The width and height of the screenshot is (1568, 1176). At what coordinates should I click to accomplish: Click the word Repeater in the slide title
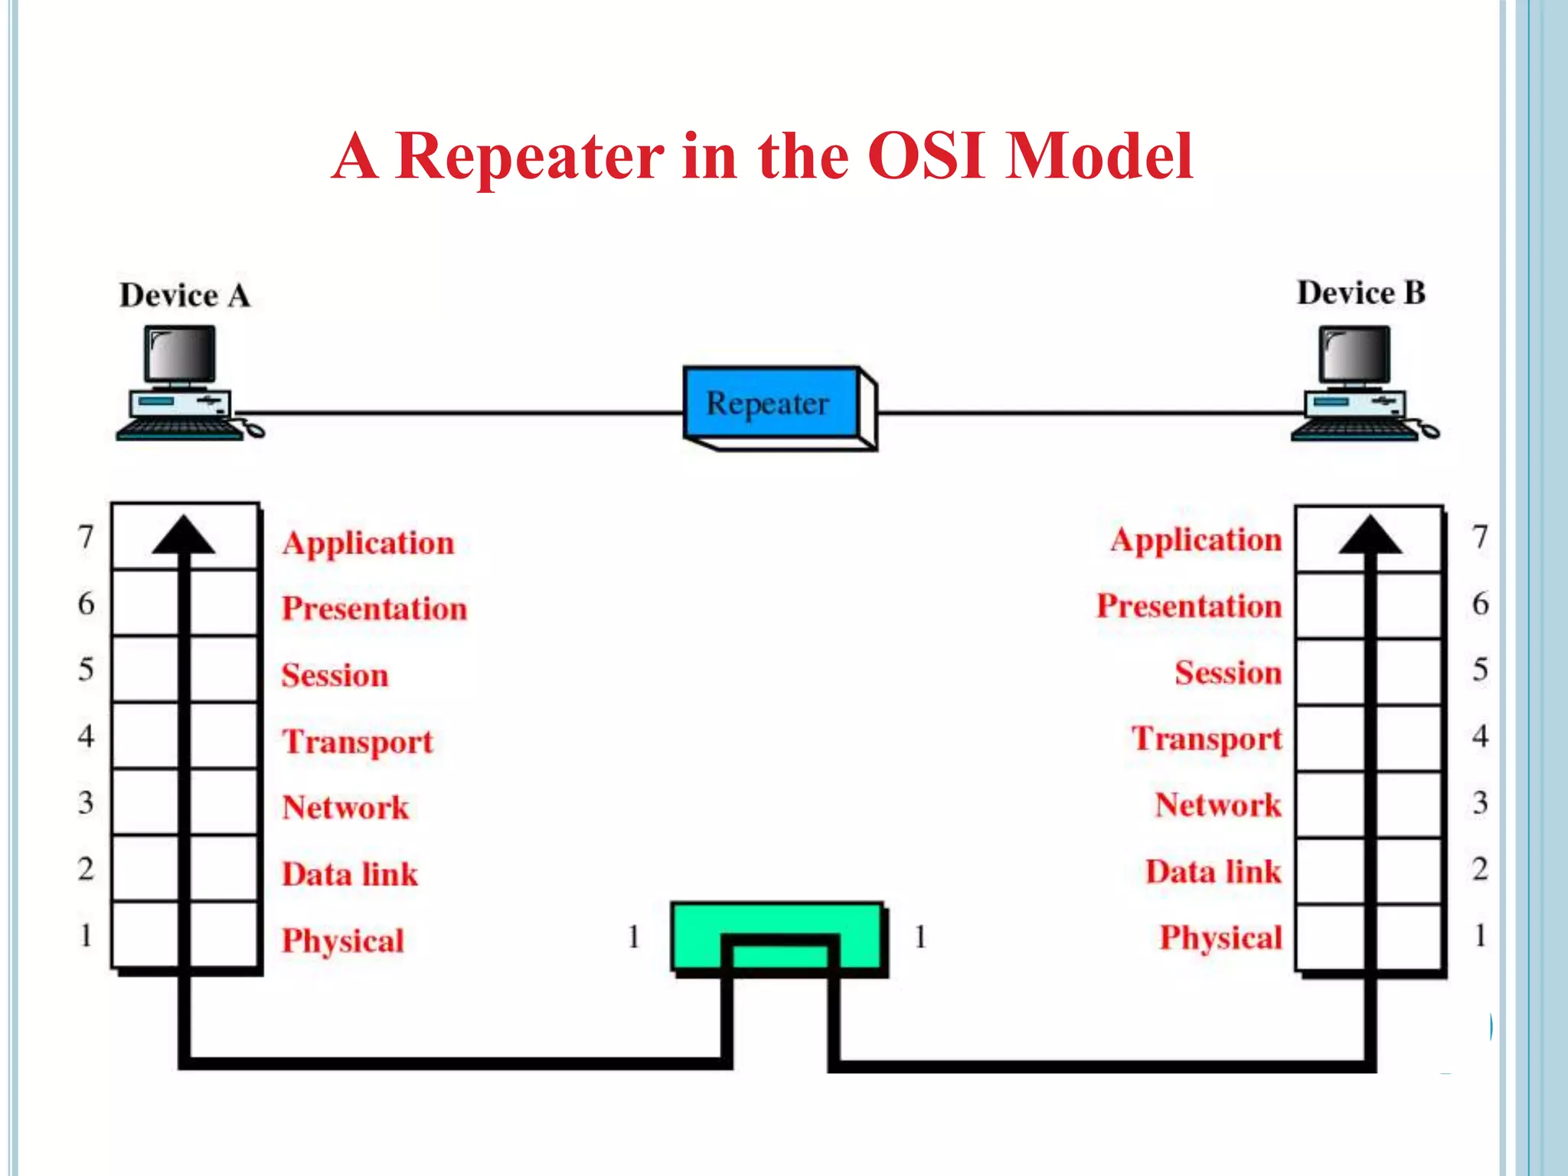(530, 157)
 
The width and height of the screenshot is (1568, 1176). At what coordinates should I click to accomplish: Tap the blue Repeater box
(769, 403)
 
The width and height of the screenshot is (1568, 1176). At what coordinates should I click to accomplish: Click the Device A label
(185, 296)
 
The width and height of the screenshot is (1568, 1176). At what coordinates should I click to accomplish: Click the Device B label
(1361, 293)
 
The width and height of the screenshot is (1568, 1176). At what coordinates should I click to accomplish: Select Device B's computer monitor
(1354, 354)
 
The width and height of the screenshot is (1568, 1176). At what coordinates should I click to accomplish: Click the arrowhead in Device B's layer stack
(1370, 535)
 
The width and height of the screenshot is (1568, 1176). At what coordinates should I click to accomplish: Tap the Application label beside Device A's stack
(368, 543)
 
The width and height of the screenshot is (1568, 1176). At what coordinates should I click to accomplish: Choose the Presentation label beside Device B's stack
(1189, 606)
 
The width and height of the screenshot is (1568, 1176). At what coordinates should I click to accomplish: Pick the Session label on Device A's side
(335, 675)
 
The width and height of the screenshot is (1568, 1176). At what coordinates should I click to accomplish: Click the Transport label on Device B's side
(1207, 739)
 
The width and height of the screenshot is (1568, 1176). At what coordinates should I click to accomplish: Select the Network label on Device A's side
(345, 808)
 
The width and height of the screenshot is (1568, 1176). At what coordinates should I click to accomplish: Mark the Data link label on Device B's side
(1213, 872)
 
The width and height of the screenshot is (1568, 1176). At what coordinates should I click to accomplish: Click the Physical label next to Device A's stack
(342, 940)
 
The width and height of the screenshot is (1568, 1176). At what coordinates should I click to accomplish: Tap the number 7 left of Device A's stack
(86, 537)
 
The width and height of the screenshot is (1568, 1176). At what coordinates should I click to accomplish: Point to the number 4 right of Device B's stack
(1480, 737)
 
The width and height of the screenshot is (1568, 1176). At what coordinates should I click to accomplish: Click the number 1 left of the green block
(633, 936)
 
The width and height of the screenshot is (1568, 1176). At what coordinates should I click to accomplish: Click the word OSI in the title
(926, 157)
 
